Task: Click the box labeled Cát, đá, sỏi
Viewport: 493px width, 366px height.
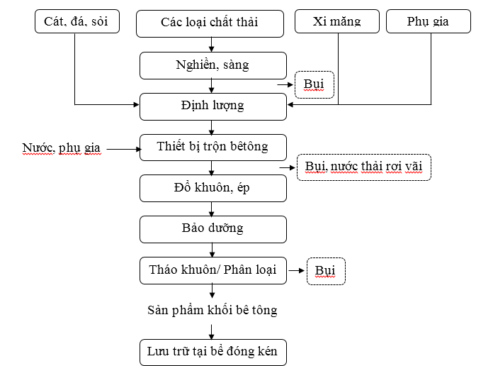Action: point(77,21)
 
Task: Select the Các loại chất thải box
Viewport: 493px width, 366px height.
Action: point(210,23)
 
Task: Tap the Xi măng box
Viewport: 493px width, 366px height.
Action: point(337,21)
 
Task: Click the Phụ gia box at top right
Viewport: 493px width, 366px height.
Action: point(429,21)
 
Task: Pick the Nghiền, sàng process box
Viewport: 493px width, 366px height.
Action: point(213,65)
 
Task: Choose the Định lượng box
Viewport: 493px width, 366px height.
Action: point(213,106)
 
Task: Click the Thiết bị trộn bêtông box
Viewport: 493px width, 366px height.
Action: point(213,148)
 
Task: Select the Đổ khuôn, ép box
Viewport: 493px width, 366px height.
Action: point(213,189)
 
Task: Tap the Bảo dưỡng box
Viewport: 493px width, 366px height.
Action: point(213,229)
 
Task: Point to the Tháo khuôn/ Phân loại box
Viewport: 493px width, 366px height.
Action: point(213,270)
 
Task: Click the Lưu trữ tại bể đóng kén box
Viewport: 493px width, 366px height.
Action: point(213,353)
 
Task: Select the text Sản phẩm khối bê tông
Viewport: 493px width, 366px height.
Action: point(212,310)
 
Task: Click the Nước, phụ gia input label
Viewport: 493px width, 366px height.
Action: point(62,148)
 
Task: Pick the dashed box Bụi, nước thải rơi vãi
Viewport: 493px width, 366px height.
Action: point(364,167)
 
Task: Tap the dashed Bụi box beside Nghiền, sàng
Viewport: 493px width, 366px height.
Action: point(314,84)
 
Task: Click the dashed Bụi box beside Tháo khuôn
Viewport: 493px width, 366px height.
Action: point(326,271)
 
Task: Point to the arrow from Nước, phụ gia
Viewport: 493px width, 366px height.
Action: point(123,149)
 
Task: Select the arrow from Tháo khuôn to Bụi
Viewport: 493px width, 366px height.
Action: point(297,270)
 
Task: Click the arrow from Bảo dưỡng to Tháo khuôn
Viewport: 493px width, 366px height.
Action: point(212,250)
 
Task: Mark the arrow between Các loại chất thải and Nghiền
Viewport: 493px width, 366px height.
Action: point(211,45)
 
